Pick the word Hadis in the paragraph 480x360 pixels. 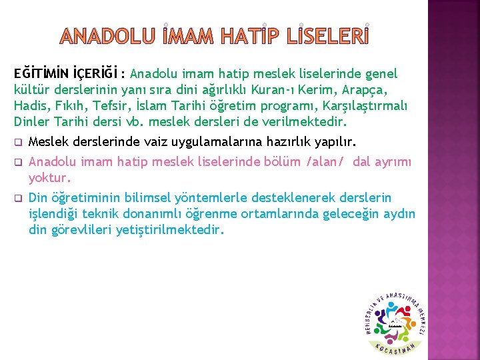29,107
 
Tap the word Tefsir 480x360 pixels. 102,107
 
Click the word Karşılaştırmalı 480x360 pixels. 365,107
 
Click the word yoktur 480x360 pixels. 49,178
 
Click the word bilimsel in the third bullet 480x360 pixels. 149,198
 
